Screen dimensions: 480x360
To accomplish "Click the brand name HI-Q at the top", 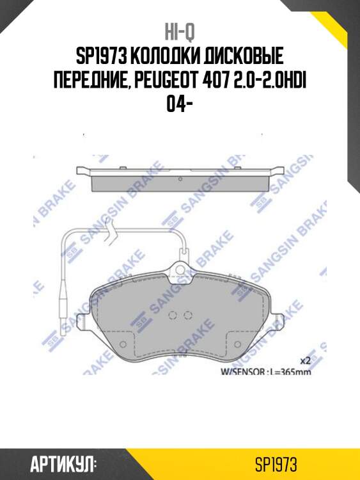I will (x=180, y=32).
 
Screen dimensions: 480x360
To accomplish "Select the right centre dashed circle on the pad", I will (x=188, y=315).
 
